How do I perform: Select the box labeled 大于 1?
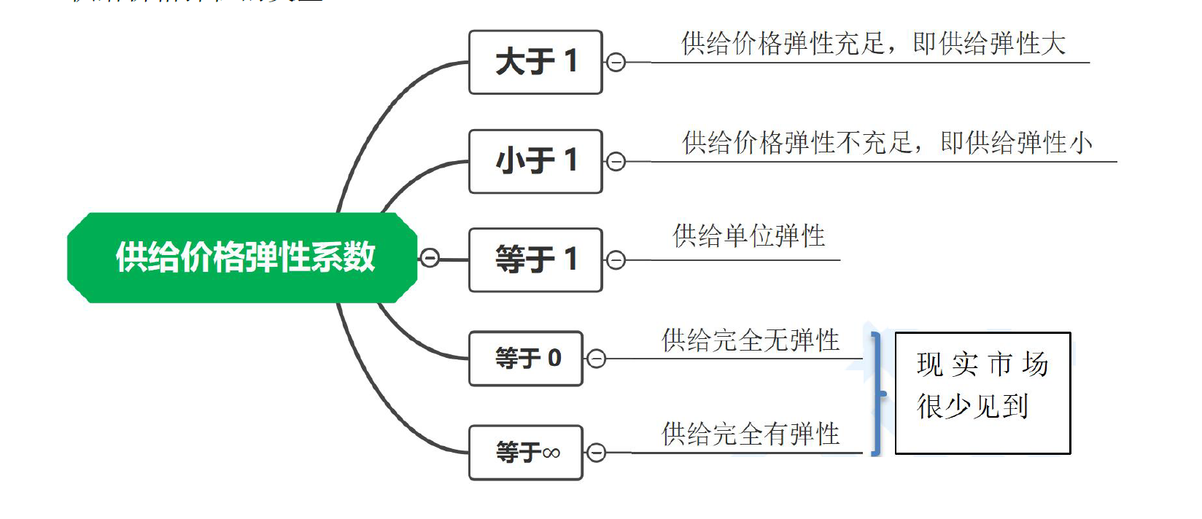[535, 62]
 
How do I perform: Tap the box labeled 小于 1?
[535, 161]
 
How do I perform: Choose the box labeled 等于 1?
[535, 259]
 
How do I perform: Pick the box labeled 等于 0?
[526, 358]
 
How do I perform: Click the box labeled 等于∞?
[526, 452]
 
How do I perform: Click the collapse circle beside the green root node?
[430, 258]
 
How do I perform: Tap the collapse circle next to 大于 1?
[616, 63]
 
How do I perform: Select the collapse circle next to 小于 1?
[616, 162]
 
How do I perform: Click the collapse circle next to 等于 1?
[616, 260]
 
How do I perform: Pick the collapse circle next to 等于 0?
[597, 359]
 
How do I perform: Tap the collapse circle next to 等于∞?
[597, 453]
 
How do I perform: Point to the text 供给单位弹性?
[748, 236]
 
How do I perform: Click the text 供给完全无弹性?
[751, 340]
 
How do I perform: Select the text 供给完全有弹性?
[751, 434]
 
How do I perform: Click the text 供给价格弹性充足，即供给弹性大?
[873, 44]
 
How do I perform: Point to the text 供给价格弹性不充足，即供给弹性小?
[887, 143]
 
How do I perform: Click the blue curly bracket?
[877, 394]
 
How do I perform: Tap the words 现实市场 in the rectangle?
[982, 364]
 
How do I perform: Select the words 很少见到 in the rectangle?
[972, 407]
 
